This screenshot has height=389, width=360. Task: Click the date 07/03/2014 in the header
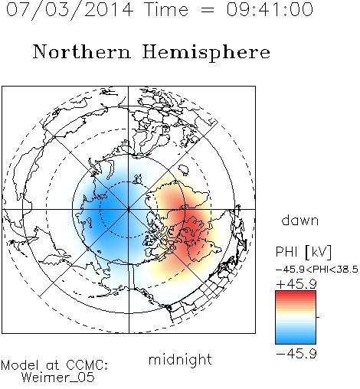[x=70, y=10]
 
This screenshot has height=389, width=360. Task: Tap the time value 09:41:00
[x=270, y=9]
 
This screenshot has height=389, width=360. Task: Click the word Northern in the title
[x=82, y=51]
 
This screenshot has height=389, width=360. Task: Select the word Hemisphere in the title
[x=206, y=53]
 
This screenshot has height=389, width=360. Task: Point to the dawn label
[x=300, y=221]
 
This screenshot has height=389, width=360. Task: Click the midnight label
[x=180, y=360]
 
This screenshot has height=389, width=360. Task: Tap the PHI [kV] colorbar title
[x=303, y=252]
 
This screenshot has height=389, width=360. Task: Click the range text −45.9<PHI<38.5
[x=317, y=270]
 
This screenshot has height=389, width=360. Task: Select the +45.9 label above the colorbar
[x=296, y=284]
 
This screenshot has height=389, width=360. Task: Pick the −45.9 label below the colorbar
[x=296, y=354]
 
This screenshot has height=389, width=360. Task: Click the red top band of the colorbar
[x=296, y=295]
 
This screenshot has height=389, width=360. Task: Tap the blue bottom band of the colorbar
[x=296, y=340]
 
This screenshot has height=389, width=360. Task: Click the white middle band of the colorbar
[x=296, y=318]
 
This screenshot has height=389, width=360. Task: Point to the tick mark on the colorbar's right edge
[x=318, y=317]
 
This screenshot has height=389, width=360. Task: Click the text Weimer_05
[x=57, y=378]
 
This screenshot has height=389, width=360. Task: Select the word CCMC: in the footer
[x=87, y=365]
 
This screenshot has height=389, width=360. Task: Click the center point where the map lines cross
[x=129, y=209]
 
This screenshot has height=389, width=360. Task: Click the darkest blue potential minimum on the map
[x=107, y=210]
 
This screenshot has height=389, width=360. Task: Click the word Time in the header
[x=166, y=9]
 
